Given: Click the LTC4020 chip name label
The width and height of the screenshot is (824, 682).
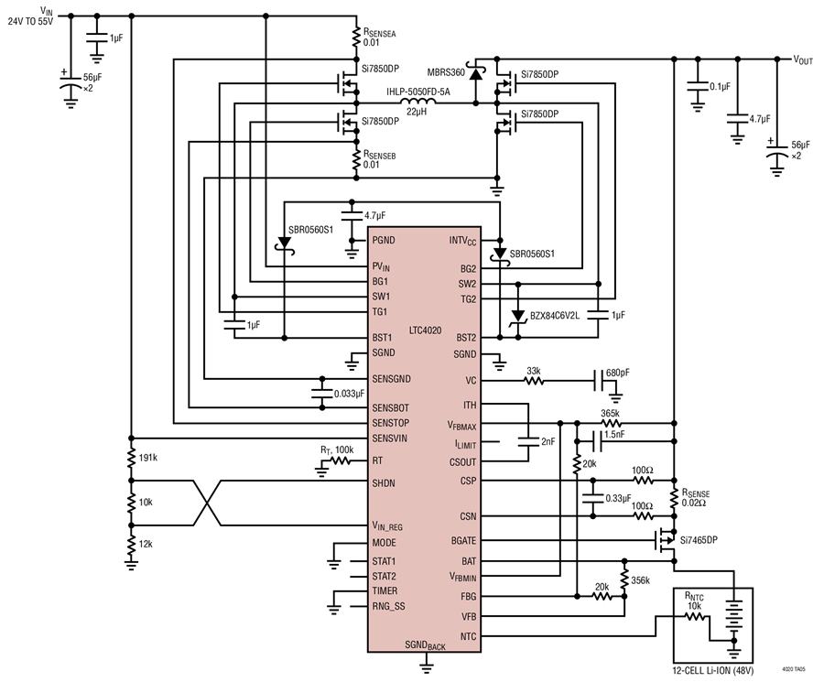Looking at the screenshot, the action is pyautogui.click(x=425, y=330).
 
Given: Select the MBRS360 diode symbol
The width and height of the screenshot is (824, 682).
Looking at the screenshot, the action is pyautogui.click(x=476, y=73).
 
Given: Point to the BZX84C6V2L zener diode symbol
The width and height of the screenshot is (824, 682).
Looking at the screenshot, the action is pyautogui.click(x=519, y=316).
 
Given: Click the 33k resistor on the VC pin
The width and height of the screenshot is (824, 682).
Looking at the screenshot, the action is pyautogui.click(x=534, y=381).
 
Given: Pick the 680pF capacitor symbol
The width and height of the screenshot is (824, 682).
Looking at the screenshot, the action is pyautogui.click(x=599, y=381).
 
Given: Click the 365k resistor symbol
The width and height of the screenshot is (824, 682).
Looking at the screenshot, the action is pyautogui.click(x=610, y=423).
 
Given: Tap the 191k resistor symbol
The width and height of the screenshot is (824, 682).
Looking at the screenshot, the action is pyautogui.click(x=131, y=458).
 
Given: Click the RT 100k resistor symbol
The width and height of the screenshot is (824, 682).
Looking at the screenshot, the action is pyautogui.click(x=341, y=461).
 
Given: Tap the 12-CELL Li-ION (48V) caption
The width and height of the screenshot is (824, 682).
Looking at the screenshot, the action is pyautogui.click(x=712, y=671).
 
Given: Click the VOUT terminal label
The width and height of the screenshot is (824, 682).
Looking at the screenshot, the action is pyautogui.click(x=802, y=60).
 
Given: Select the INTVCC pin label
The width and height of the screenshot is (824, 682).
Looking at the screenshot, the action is pyautogui.click(x=462, y=241).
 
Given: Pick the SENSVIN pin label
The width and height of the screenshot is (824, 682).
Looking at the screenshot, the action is pyautogui.click(x=389, y=438).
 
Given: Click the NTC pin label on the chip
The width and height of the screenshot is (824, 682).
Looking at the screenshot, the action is pyautogui.click(x=468, y=637).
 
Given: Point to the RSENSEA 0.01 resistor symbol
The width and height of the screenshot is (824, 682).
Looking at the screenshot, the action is pyautogui.click(x=356, y=38).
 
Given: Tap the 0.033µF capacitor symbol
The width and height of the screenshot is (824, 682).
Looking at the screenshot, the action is pyautogui.click(x=321, y=393).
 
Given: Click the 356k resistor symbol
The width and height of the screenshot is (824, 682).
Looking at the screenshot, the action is pyautogui.click(x=624, y=579).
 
